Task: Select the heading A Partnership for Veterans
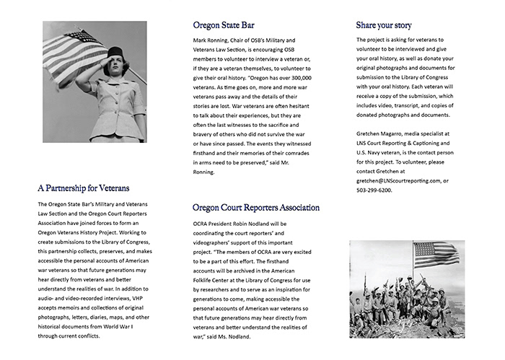click(84, 188)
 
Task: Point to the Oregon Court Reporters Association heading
click(256, 208)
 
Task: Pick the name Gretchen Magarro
click(385, 133)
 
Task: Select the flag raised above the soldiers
click(434, 253)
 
